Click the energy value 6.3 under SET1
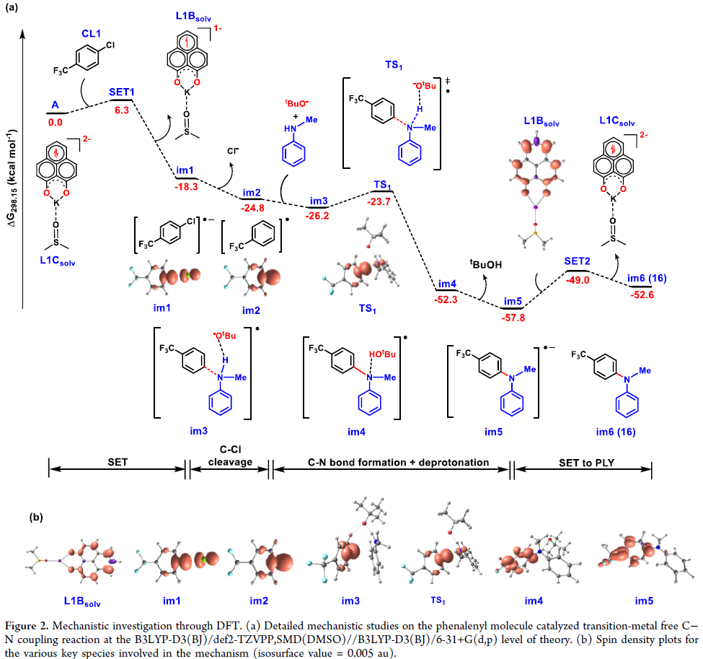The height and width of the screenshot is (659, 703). pyautogui.click(x=121, y=110)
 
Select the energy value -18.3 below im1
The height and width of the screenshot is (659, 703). pyautogui.click(x=187, y=186)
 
